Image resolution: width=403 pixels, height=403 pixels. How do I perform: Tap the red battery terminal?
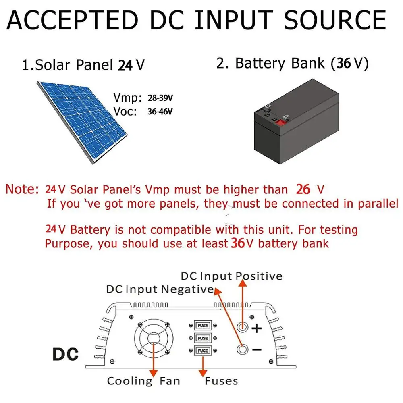coord(278,120)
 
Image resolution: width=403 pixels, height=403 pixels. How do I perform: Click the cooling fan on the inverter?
coord(153,339)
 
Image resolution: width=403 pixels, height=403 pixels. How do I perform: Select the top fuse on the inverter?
coord(203,325)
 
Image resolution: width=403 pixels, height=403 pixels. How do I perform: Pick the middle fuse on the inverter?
coord(203,338)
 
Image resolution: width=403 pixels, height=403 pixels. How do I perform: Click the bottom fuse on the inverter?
coord(203,351)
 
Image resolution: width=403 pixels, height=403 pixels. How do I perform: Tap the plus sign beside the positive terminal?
coord(257,328)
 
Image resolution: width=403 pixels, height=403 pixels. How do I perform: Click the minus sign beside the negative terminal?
coord(257,350)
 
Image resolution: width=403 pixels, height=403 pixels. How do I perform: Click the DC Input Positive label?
coord(231,276)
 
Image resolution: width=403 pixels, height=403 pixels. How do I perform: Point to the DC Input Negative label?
coord(160,289)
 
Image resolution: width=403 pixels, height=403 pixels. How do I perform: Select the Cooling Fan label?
coord(143,381)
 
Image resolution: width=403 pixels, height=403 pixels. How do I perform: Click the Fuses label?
coord(221,381)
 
